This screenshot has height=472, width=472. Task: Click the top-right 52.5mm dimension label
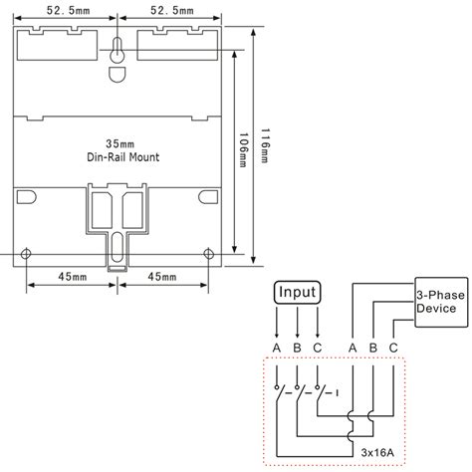170,10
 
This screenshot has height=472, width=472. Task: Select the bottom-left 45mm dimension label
70,277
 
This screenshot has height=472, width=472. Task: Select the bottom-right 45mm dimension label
161,277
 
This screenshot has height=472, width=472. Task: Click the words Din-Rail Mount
118,158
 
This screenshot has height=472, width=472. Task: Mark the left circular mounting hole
27,253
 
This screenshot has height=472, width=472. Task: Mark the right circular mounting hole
208,253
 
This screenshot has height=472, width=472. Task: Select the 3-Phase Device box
436,301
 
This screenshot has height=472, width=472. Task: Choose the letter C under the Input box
318,346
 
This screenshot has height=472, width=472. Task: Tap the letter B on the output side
372,346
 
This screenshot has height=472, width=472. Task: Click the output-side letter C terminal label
393,346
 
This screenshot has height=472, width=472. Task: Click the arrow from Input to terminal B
298,323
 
